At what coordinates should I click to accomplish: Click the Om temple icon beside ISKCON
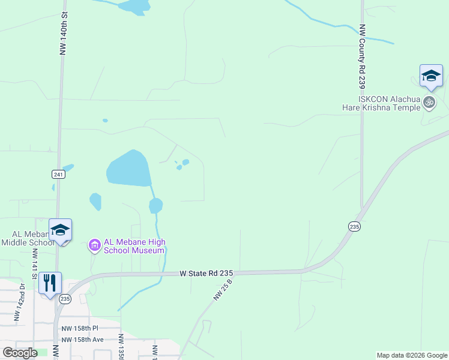(x=429, y=103)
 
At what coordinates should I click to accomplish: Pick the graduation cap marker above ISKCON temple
(x=431, y=77)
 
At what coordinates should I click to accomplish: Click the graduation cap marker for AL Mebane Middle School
(x=60, y=230)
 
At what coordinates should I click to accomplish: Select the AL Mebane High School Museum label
(x=134, y=246)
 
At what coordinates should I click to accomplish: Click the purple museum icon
(x=94, y=245)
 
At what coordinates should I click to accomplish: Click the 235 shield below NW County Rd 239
(x=354, y=226)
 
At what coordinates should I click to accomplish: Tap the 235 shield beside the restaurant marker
(x=65, y=298)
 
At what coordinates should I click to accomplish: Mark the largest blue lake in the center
(x=128, y=169)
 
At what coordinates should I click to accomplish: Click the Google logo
(x=20, y=352)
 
